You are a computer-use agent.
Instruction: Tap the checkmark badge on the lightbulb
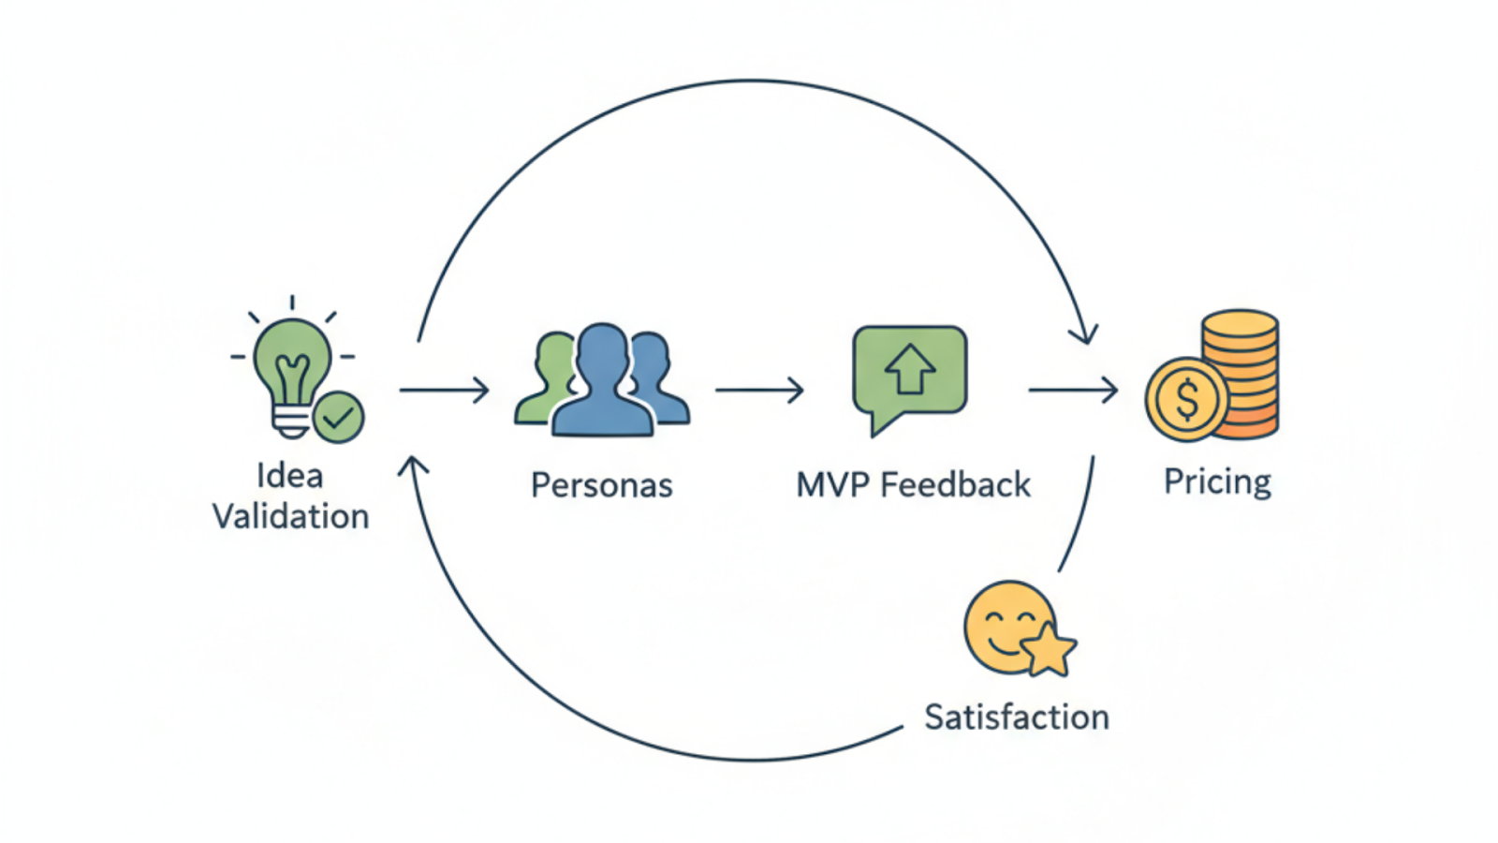pyautogui.click(x=338, y=416)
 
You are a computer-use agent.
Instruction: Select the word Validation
pyautogui.click(x=290, y=516)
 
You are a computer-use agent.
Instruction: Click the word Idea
pyautogui.click(x=290, y=476)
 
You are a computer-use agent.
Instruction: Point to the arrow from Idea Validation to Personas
pyautogui.click(x=444, y=390)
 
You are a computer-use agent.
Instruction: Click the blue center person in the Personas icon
pyautogui.click(x=602, y=384)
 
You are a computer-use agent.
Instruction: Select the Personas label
pyautogui.click(x=601, y=485)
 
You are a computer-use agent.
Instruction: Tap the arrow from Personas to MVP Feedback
pyautogui.click(x=759, y=390)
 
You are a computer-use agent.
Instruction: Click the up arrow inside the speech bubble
pyautogui.click(x=909, y=368)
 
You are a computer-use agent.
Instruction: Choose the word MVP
pyautogui.click(x=831, y=485)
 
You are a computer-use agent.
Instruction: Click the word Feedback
pyautogui.click(x=955, y=485)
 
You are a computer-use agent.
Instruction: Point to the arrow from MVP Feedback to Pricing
pyautogui.click(x=1073, y=390)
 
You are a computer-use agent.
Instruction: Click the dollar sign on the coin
pyautogui.click(x=1186, y=400)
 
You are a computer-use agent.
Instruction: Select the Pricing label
pyautogui.click(x=1217, y=481)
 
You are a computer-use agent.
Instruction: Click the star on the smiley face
pyautogui.click(x=1048, y=649)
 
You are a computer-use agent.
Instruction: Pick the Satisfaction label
pyautogui.click(x=1017, y=717)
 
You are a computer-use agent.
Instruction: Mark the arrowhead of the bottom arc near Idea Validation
pyautogui.click(x=413, y=465)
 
